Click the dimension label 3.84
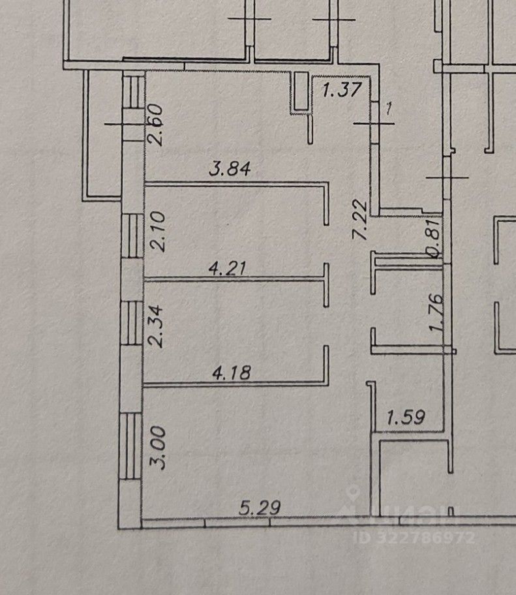pyautogui.click(x=230, y=170)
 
